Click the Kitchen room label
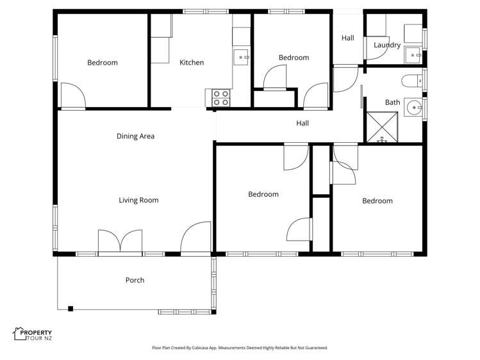[192, 62]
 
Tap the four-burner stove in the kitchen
[221, 98]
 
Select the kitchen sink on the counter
[242, 57]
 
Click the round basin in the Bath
[413, 108]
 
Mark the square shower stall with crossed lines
[381, 127]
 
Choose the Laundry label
[387, 45]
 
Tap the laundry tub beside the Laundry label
[413, 56]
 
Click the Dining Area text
[135, 136]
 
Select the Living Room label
[138, 200]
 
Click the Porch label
[135, 280]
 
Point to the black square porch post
[70, 309]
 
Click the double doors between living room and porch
[120, 243]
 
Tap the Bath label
[392, 102]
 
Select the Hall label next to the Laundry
[347, 38]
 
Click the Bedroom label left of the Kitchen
[103, 62]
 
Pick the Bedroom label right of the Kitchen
[294, 58]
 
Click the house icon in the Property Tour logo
[18, 333]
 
